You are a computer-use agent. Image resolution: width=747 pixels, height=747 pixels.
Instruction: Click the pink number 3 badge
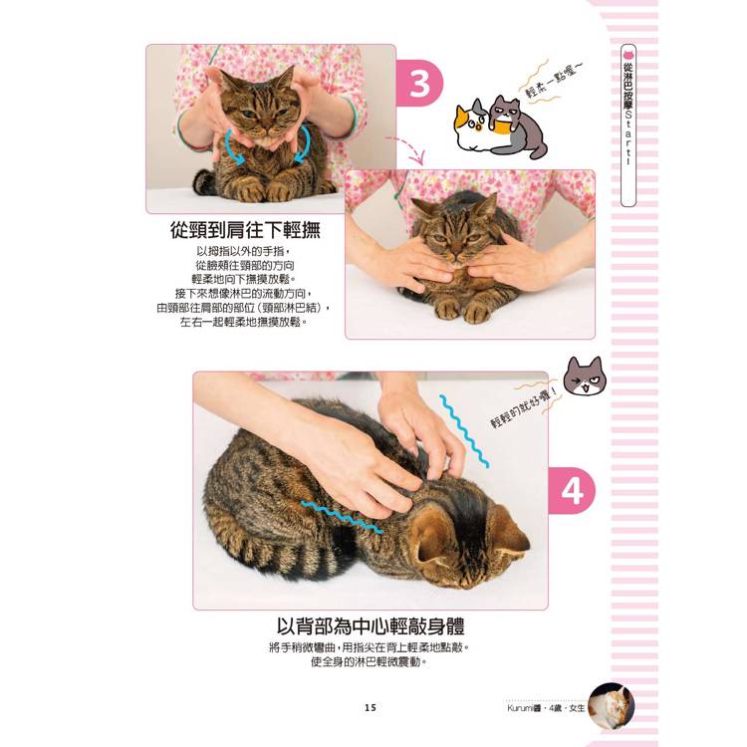[419, 84]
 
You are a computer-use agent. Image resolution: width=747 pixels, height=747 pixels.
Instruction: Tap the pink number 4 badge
[572, 491]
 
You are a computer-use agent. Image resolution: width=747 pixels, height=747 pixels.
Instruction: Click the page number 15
[371, 708]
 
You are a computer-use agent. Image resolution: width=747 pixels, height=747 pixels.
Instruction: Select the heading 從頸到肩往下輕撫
[245, 230]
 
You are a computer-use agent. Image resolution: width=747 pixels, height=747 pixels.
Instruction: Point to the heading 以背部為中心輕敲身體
[371, 626]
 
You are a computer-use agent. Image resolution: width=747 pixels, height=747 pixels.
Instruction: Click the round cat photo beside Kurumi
[612, 706]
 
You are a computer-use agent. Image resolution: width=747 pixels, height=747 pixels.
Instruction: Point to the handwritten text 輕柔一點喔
[554, 80]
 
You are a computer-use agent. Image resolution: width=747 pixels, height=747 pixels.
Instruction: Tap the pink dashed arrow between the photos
[408, 147]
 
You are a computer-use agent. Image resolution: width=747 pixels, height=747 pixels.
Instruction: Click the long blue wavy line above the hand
[464, 431]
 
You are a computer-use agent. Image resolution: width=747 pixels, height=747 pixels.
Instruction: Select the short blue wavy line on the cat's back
[341, 517]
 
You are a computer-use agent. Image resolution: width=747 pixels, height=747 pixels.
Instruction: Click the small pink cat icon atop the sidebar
[628, 53]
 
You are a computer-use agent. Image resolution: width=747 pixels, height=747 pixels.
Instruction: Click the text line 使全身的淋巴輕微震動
[369, 662]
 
